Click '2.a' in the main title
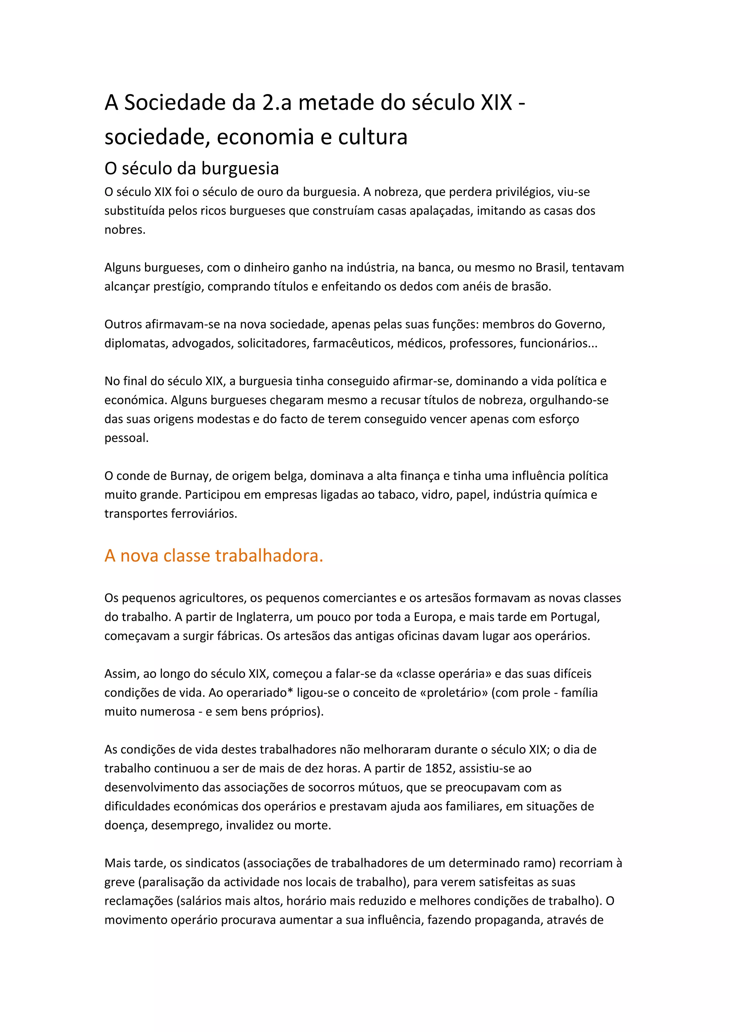pyautogui.click(x=277, y=103)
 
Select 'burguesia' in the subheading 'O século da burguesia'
pyautogui.click(x=240, y=169)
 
